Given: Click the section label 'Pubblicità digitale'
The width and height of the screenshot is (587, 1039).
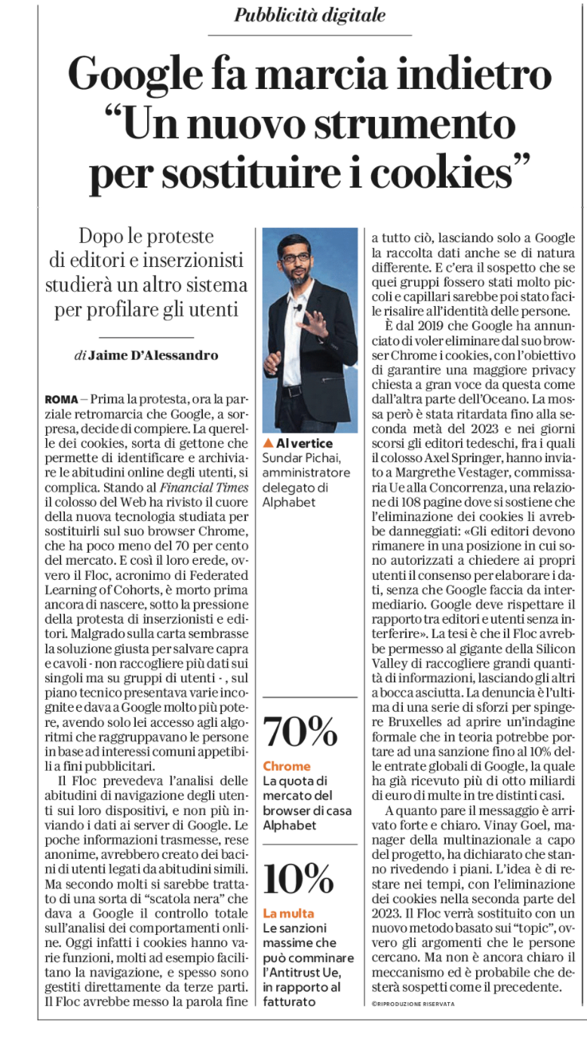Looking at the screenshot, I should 309,15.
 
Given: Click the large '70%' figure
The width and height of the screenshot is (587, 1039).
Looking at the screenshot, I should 300,734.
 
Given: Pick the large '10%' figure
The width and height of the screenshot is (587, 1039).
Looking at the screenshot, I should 299,877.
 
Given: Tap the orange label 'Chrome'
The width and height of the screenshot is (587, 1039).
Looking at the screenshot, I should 286,766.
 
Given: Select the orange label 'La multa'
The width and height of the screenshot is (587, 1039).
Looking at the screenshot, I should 289,913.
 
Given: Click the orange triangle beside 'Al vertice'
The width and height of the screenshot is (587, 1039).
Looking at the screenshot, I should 268,443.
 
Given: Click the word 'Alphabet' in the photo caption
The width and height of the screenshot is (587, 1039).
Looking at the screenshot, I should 289,501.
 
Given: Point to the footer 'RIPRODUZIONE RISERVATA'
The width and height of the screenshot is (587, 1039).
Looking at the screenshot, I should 414,1004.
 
